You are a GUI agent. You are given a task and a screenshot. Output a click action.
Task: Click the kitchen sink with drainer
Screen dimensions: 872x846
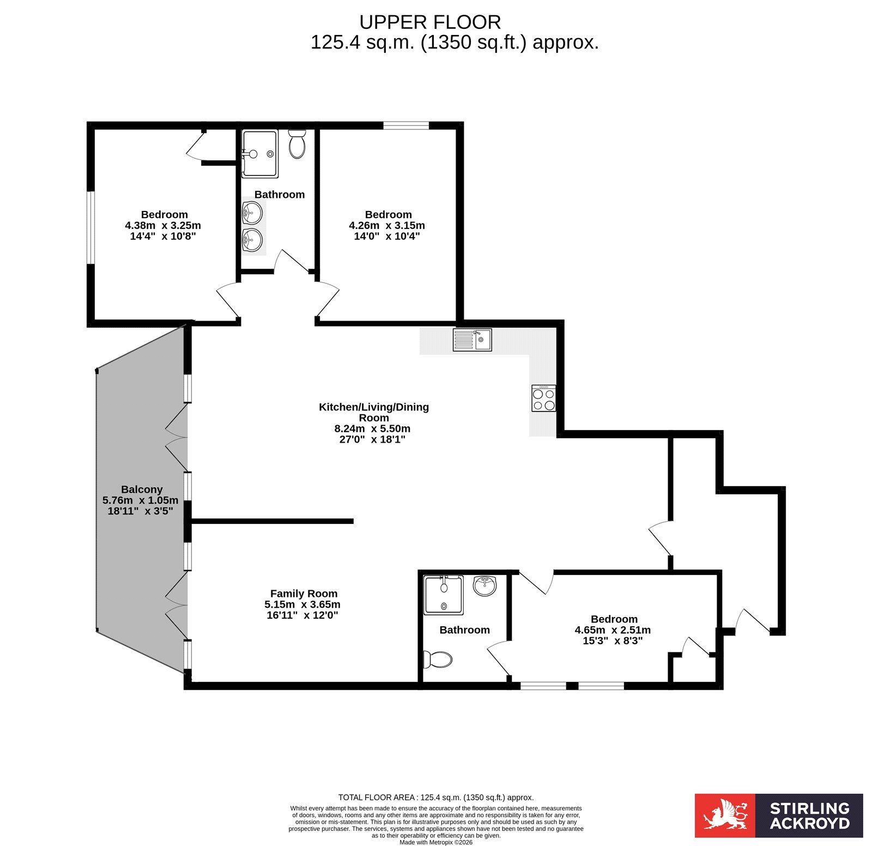pyautogui.click(x=472, y=340)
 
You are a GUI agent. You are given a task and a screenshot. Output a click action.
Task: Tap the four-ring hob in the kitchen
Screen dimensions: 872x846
pyautogui.click(x=544, y=398)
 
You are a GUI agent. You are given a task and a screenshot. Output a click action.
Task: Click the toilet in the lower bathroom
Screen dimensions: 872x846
pyautogui.click(x=438, y=660)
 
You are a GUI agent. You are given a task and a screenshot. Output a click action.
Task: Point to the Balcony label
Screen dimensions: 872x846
pyautogui.click(x=142, y=490)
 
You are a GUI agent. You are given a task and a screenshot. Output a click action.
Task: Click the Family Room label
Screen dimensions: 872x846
pyautogui.click(x=304, y=594)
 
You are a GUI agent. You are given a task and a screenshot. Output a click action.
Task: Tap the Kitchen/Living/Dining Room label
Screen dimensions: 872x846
pyautogui.click(x=374, y=412)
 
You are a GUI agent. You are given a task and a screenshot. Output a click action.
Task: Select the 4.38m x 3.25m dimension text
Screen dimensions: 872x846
pyautogui.click(x=163, y=225)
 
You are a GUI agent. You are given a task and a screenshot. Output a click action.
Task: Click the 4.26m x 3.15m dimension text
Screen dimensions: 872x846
pyautogui.click(x=387, y=225)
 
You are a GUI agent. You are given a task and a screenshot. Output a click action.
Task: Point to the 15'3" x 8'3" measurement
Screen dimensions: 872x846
pyautogui.click(x=613, y=640)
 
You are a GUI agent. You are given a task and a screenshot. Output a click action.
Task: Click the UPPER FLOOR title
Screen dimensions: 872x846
pyautogui.click(x=430, y=22)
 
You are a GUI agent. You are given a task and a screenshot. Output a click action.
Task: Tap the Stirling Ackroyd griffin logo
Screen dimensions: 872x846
pyautogui.click(x=725, y=815)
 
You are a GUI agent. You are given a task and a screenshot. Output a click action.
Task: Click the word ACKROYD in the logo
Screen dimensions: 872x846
pyautogui.click(x=809, y=823)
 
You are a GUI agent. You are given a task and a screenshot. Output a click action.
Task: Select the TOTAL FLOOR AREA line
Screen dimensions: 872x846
pyautogui.click(x=436, y=797)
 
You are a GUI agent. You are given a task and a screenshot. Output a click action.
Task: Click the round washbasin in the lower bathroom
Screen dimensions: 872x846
pyautogui.click(x=485, y=586)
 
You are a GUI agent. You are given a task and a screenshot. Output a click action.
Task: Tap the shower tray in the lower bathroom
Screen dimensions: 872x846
pyautogui.click(x=444, y=594)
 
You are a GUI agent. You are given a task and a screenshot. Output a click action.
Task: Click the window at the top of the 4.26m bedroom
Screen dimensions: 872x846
pyautogui.click(x=406, y=125)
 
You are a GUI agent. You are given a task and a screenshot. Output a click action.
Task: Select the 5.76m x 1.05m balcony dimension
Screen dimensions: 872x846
pyautogui.click(x=140, y=500)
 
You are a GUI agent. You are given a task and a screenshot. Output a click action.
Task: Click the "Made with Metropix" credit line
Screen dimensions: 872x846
pyautogui.click(x=436, y=842)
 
